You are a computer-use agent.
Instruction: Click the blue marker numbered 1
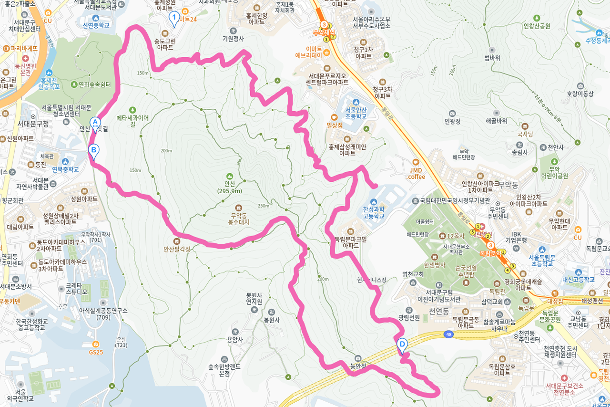[174, 19]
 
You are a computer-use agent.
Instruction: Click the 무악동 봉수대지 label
[238, 218]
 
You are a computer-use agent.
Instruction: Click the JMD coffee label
[416, 173]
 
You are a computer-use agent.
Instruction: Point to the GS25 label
[96, 352]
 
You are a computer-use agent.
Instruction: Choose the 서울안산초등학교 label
[356, 112]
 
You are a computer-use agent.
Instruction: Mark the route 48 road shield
[448, 334]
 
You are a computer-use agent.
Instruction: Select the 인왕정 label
[452, 121]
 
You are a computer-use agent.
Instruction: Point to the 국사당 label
[525, 135]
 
